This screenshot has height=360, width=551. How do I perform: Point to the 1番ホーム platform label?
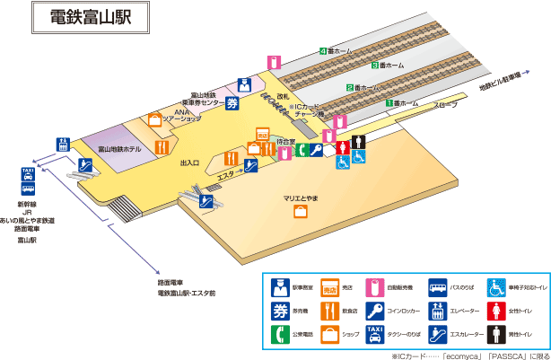tap(404, 103)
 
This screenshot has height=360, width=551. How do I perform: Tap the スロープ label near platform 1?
tap(445, 105)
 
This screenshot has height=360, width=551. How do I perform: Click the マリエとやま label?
tap(302, 198)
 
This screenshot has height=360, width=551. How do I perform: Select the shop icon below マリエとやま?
tap(302, 212)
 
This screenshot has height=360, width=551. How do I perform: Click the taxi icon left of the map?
tap(28, 174)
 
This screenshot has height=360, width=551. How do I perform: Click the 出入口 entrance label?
tap(189, 163)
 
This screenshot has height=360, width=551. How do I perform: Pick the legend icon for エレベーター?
tap(438, 312)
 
